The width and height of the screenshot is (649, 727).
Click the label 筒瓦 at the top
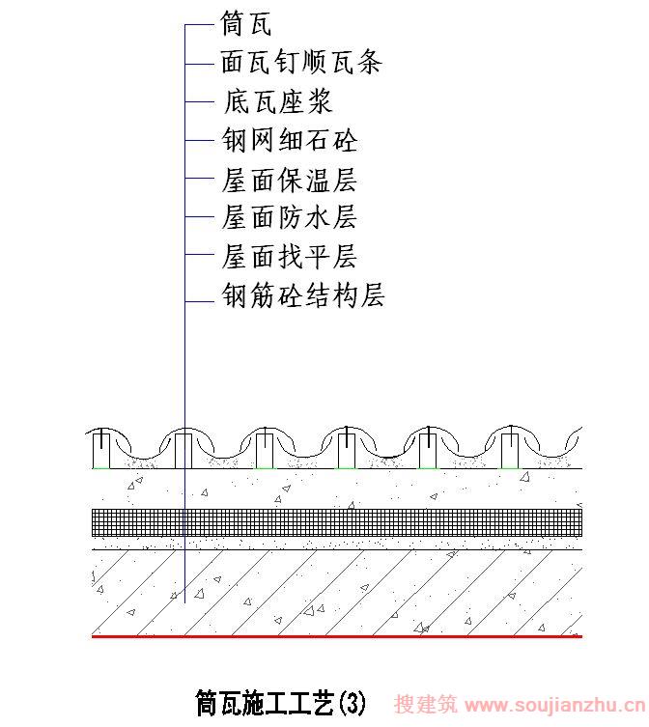coord(246,24)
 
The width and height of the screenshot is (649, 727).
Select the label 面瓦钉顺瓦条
coord(301,62)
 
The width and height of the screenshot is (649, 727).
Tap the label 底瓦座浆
coord(278,101)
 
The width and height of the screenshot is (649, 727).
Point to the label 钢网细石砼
coord(290,140)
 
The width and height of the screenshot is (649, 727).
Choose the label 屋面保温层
coord(289,180)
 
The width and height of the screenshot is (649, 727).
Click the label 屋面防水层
coord(289,217)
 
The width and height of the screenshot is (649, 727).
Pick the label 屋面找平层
coord(289,257)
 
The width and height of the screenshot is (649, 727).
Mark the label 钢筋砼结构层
coord(303,294)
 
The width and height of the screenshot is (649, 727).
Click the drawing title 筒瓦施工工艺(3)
coord(281,703)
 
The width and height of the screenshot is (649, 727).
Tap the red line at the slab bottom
coord(337,636)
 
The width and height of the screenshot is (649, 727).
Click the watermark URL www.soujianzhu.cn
coord(555,705)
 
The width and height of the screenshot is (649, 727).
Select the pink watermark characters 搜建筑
coord(426,704)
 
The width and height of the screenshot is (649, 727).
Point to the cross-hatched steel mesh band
coord(337,522)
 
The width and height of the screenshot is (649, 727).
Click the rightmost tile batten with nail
coord(510,447)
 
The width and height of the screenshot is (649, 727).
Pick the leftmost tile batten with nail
coord(101,449)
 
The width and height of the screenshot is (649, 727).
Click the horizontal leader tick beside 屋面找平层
coord(200,254)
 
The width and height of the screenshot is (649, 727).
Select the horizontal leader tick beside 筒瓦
coord(200,24)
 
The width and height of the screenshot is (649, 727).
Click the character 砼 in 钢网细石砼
coord(346,140)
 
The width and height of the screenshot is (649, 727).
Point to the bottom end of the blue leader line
coord(184,602)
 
